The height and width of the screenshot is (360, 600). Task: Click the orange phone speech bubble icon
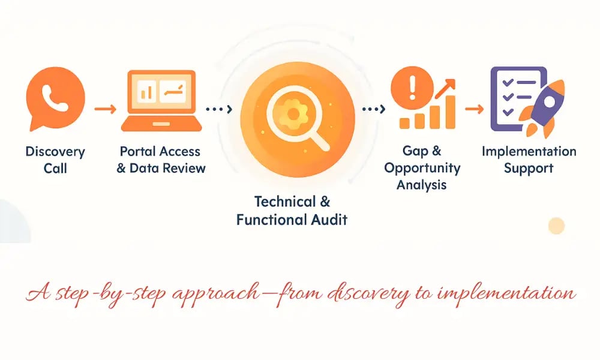(x=55, y=98)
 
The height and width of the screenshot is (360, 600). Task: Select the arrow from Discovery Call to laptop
(x=106, y=109)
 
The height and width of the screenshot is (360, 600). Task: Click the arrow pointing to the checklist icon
(x=474, y=109)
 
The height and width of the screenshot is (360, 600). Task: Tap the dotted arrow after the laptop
(x=218, y=109)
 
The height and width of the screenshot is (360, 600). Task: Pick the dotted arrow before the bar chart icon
(x=373, y=109)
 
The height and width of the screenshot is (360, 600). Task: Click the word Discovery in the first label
(x=55, y=151)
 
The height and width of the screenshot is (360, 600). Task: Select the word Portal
(x=139, y=151)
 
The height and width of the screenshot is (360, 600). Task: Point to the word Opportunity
(x=422, y=167)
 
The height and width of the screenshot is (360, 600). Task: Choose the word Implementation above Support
(x=529, y=151)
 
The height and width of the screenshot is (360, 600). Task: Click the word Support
(x=529, y=168)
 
